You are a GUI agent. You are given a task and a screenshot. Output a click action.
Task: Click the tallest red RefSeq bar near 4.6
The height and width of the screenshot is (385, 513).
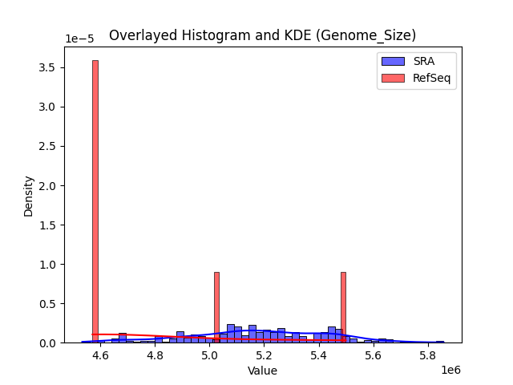(x=95, y=201)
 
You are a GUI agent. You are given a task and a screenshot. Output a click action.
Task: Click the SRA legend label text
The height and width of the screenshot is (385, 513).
(x=424, y=61)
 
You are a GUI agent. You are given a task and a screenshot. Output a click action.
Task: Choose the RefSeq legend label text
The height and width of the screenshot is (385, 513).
(x=430, y=77)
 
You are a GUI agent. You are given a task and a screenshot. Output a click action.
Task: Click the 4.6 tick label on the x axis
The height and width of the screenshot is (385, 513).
(x=100, y=355)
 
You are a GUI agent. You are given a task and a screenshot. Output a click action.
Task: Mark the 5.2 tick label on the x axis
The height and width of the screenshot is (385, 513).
(x=264, y=355)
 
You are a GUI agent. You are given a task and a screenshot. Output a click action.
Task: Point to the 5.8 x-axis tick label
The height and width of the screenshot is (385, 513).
(x=427, y=355)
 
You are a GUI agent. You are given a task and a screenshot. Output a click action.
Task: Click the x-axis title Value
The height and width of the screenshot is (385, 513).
(x=262, y=371)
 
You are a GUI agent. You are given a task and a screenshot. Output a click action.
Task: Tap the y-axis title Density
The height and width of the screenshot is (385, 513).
(x=29, y=196)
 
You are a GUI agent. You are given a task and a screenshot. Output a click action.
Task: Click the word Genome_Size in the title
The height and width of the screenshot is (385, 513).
(x=378, y=35)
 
